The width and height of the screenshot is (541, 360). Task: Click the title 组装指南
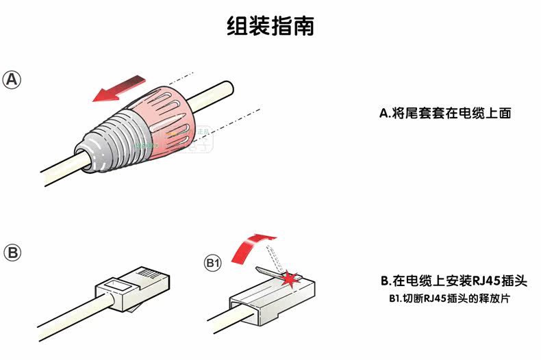point(270,26)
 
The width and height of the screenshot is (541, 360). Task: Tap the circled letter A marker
point(12,79)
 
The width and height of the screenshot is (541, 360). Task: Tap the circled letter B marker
point(12,253)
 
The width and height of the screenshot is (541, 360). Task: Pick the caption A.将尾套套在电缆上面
point(445,114)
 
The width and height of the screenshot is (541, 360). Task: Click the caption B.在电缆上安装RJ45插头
point(453,281)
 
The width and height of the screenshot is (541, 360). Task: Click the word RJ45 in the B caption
point(475,281)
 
